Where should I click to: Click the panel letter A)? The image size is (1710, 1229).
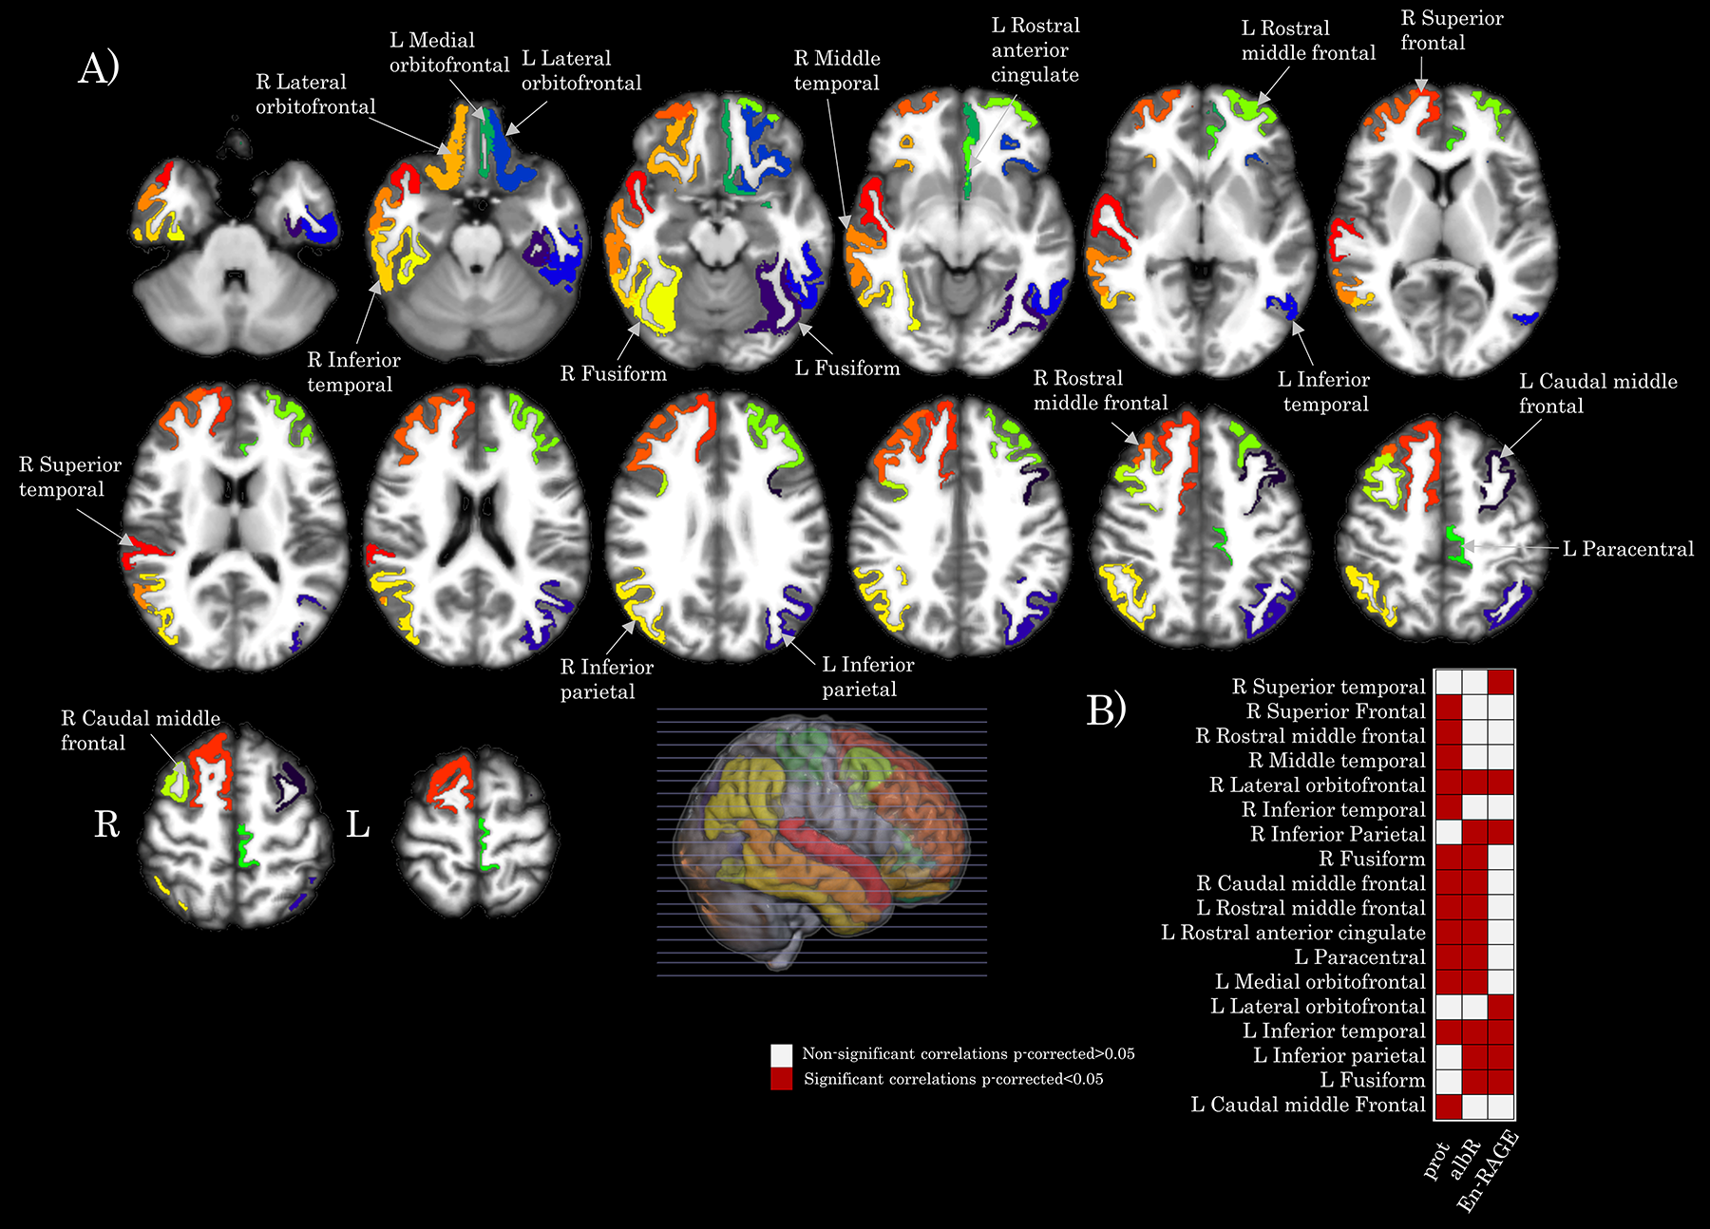click(99, 68)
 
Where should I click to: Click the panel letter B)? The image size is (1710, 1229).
click(1106, 709)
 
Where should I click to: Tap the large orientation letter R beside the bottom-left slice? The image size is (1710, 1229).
click(106, 823)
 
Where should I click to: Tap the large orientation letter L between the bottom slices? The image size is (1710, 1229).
click(357, 823)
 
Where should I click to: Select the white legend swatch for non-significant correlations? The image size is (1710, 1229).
click(781, 1054)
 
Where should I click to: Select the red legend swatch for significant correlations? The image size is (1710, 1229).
click(781, 1079)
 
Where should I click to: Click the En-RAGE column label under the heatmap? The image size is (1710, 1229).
click(1488, 1171)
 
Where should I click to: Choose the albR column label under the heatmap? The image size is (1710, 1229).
click(1465, 1159)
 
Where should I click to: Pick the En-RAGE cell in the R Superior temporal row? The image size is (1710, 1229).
click(1501, 682)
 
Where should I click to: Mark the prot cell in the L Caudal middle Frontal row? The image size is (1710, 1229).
click(1448, 1106)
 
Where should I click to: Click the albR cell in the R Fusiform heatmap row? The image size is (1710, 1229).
click(1474, 859)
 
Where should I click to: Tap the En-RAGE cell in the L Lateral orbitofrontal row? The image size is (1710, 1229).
click(1501, 1007)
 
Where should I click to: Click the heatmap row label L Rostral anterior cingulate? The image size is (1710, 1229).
click(1293, 933)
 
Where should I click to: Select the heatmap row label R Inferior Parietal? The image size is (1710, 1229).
click(1338, 834)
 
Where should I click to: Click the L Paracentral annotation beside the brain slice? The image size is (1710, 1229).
click(1628, 549)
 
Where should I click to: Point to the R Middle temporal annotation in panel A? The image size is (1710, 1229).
click(837, 70)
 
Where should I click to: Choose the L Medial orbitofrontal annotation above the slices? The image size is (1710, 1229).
click(448, 52)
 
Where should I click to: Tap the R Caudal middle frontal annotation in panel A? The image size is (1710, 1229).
click(141, 730)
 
